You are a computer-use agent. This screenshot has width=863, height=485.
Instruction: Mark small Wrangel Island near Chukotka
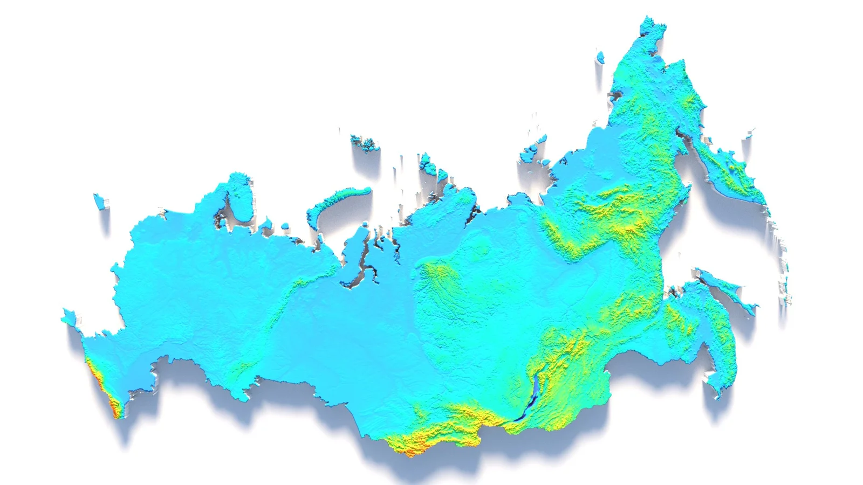coord(600,56)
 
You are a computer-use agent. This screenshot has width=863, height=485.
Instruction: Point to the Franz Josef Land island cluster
coord(365,143)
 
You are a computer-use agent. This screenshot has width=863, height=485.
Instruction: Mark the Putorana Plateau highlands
coord(437,275)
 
